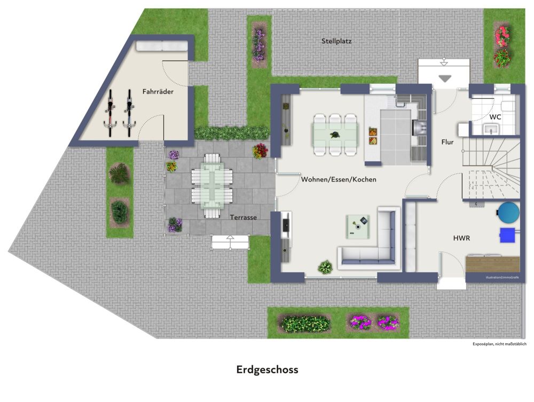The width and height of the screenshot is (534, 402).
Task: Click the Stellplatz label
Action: pyautogui.click(x=336, y=41)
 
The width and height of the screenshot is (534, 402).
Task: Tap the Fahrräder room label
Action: pyautogui.click(x=158, y=92)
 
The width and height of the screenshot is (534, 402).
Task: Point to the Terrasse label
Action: pyautogui.click(x=244, y=217)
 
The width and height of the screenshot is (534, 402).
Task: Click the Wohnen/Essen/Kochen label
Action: pyautogui.click(x=339, y=179)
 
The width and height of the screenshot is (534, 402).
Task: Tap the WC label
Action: pyautogui.click(x=495, y=117)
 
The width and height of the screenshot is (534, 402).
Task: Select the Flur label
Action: pyautogui.click(x=447, y=142)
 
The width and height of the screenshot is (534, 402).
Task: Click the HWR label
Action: pyautogui.click(x=461, y=238)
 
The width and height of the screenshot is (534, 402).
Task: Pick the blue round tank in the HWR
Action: pyautogui.click(x=507, y=212)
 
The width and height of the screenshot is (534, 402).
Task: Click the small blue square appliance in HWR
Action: pyautogui.click(x=507, y=235)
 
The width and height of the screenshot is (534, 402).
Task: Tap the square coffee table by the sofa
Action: pyautogui.click(x=358, y=224)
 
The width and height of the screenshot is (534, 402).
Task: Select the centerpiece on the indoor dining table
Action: pyautogui.click(x=335, y=135)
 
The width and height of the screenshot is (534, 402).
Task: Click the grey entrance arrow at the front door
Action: pyautogui.click(x=444, y=78)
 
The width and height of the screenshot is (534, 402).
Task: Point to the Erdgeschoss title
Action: pyautogui.click(x=267, y=369)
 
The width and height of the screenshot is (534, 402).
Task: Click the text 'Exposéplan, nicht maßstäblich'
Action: pyautogui.click(x=499, y=344)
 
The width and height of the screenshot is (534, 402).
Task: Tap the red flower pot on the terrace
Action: pyautogui.click(x=260, y=151)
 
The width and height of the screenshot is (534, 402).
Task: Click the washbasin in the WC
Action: pyautogui.click(x=491, y=129)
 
